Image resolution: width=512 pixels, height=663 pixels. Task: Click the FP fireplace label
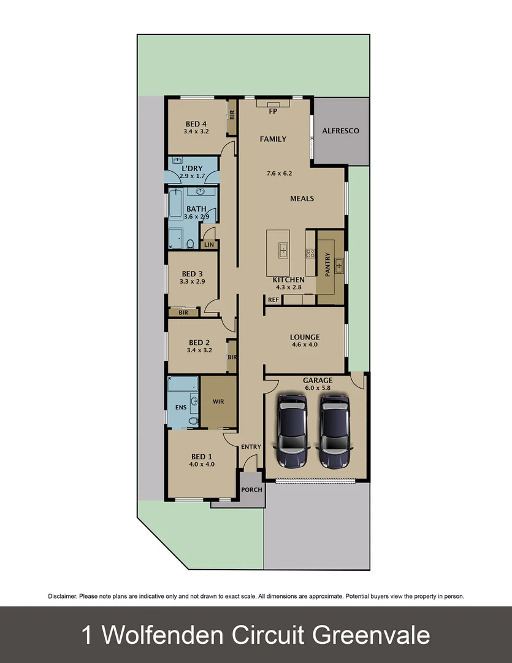pos(273,112)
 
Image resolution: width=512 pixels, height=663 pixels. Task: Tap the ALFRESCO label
pos(340,131)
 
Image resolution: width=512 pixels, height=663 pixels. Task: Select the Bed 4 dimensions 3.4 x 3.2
pos(196,131)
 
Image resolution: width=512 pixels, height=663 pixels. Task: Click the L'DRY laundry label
pos(192,168)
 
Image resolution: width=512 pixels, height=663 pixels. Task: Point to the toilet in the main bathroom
pos(190,244)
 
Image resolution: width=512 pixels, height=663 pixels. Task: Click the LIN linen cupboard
pos(209,244)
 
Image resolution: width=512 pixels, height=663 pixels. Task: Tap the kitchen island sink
pos(283,250)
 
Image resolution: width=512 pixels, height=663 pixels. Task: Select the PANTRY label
pos(328,265)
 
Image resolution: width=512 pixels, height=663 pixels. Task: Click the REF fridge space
pos(273,300)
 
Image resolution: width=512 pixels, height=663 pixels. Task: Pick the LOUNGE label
pos(305,337)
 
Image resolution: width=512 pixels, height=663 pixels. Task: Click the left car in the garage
pos(292,431)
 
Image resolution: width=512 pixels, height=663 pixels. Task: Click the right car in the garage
pos(334,431)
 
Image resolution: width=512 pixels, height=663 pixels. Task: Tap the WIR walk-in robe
pos(219,402)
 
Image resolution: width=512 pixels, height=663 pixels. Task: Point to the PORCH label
pos(251,490)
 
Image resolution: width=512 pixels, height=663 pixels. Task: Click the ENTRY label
pos(251,447)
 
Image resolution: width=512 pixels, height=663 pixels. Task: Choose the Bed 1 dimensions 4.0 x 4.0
pos(201,465)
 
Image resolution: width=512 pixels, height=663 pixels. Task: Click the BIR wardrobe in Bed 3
pos(183,312)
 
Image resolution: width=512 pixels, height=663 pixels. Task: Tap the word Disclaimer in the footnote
pos(62,596)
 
